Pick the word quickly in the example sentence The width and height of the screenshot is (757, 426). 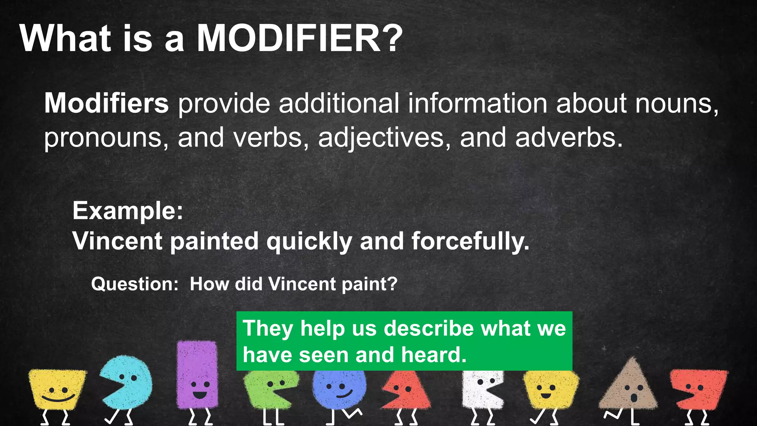coord(309,241)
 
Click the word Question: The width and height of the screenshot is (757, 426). coord(135,284)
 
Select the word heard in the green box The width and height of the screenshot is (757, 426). coord(434,355)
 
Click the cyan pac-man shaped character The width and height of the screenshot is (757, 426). coord(128,383)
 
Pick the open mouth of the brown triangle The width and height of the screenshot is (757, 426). coord(634,398)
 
